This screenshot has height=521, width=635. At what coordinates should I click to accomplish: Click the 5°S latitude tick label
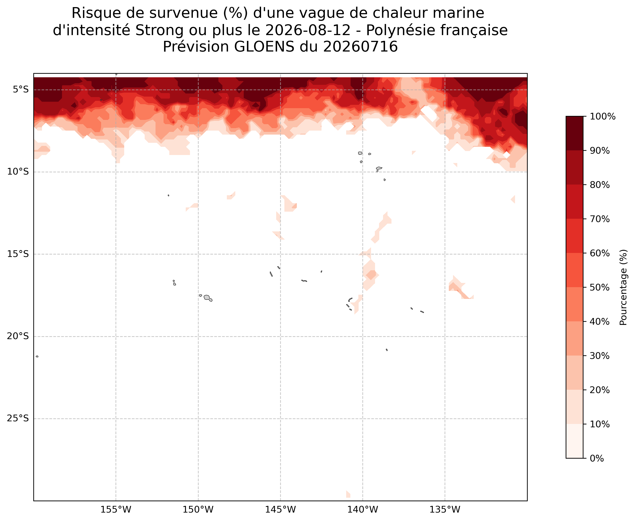tap(21, 90)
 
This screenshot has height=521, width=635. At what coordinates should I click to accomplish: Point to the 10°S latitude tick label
tap(18, 172)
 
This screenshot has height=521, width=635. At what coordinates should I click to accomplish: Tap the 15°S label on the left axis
tap(18, 254)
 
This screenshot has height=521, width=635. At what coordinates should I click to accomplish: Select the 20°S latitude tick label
tap(18, 336)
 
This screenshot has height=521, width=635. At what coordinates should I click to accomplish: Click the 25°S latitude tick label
tap(18, 419)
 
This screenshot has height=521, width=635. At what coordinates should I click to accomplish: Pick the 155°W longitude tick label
tap(116, 510)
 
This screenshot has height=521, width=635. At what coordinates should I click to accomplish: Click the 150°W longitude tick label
tap(198, 510)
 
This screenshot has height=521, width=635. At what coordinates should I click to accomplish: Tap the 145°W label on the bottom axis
tap(280, 510)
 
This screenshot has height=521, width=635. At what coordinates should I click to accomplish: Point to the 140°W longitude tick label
tap(363, 510)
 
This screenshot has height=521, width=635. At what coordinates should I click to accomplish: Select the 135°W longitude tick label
tap(445, 510)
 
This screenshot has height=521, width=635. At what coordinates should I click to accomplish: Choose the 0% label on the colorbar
tap(597, 459)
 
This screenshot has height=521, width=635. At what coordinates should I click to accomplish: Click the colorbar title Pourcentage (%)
tap(624, 287)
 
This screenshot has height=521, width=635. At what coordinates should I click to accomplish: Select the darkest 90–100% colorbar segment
tap(575, 133)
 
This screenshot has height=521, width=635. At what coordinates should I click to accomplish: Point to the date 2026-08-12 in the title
tap(308, 30)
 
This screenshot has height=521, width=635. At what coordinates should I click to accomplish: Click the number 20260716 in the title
tap(360, 47)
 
